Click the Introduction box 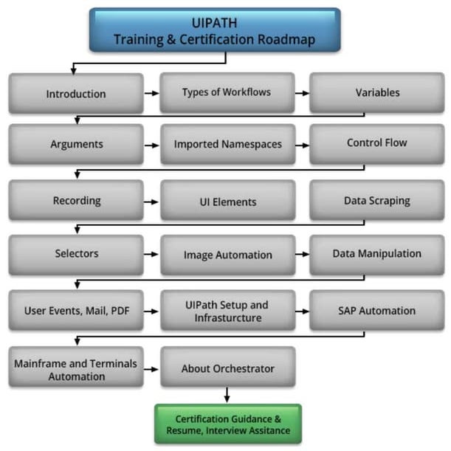click(x=76, y=94)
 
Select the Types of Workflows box click(x=227, y=92)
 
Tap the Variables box click(x=377, y=92)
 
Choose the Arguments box click(x=76, y=143)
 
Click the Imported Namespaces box click(x=227, y=144)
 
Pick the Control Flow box click(x=376, y=142)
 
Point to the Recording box click(x=76, y=200)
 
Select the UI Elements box click(x=227, y=201)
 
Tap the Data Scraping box click(x=376, y=200)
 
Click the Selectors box click(x=76, y=254)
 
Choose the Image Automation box click(x=227, y=255)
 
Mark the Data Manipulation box click(x=376, y=253)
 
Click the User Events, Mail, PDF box click(x=76, y=311)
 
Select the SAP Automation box click(x=376, y=311)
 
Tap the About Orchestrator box click(x=227, y=368)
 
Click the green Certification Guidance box click(x=228, y=424)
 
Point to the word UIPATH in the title click(x=214, y=22)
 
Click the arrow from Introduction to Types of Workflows click(x=151, y=94)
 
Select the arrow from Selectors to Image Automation click(x=151, y=255)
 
